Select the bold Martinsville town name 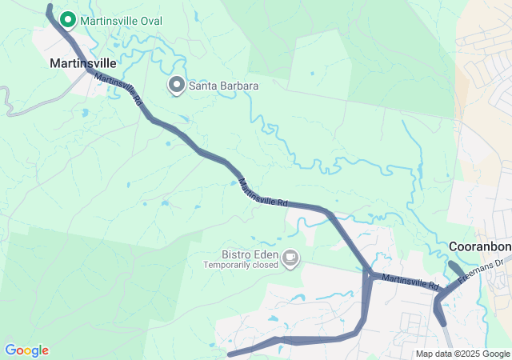coord(83,62)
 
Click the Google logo coord(26,350)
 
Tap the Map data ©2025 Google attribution coord(462,354)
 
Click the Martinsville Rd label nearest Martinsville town coord(117,90)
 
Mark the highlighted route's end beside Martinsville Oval coord(50,8)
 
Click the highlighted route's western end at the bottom coord(230,354)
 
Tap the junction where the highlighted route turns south coord(368,273)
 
